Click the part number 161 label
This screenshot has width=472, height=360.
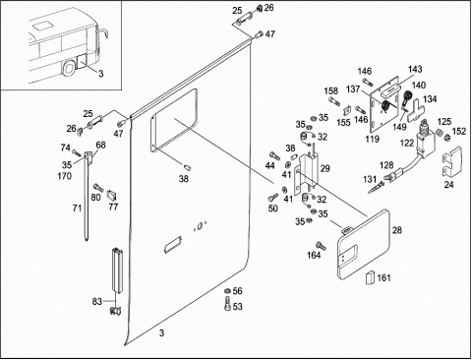coord(383,277)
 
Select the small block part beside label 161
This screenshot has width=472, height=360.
coord(370,277)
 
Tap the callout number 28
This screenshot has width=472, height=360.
coord(397,230)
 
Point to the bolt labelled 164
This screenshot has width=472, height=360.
coord(321,245)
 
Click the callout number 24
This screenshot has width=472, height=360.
coord(448,185)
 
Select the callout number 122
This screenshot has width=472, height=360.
coord(407,144)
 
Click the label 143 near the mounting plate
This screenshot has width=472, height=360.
coord(415,69)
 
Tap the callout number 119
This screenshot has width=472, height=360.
coord(372,139)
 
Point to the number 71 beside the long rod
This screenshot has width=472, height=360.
coord(77,208)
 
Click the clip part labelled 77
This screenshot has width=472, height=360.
coord(112,195)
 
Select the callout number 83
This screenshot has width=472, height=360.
coord(97,301)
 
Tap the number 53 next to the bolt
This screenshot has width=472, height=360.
coord(238,307)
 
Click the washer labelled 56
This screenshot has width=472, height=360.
coord(227,291)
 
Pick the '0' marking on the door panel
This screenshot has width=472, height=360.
coord(200,226)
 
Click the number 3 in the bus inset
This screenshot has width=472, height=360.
coord(101,74)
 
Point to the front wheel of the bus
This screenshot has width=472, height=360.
coord(70,69)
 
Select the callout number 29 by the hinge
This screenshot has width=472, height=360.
coord(324,168)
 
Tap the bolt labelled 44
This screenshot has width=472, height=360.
coord(274,155)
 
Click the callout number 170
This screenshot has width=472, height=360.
coord(65,176)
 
